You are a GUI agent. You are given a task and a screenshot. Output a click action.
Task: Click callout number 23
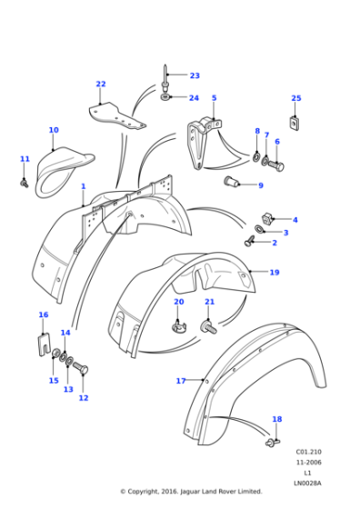coord(195,75)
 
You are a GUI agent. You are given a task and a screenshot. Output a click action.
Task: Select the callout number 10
coord(54,130)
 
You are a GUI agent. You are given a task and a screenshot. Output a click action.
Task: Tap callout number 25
coord(295,98)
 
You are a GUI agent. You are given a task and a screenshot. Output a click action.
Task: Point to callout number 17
coord(180,381)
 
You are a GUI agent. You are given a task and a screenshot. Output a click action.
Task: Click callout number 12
coord(84,398)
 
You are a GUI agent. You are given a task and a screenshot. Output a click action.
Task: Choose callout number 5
coord(214,98)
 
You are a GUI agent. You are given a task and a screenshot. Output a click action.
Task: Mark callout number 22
coord(101,85)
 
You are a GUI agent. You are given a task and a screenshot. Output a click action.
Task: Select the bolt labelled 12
coord(78,369)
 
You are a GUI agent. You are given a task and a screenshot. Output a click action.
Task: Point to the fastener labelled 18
coord(272,442)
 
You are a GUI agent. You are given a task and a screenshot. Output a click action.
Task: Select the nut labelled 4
coord(268,218)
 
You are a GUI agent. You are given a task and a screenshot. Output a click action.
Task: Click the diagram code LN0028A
coord(308,483)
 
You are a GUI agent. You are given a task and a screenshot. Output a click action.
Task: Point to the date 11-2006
coord(308,463)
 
